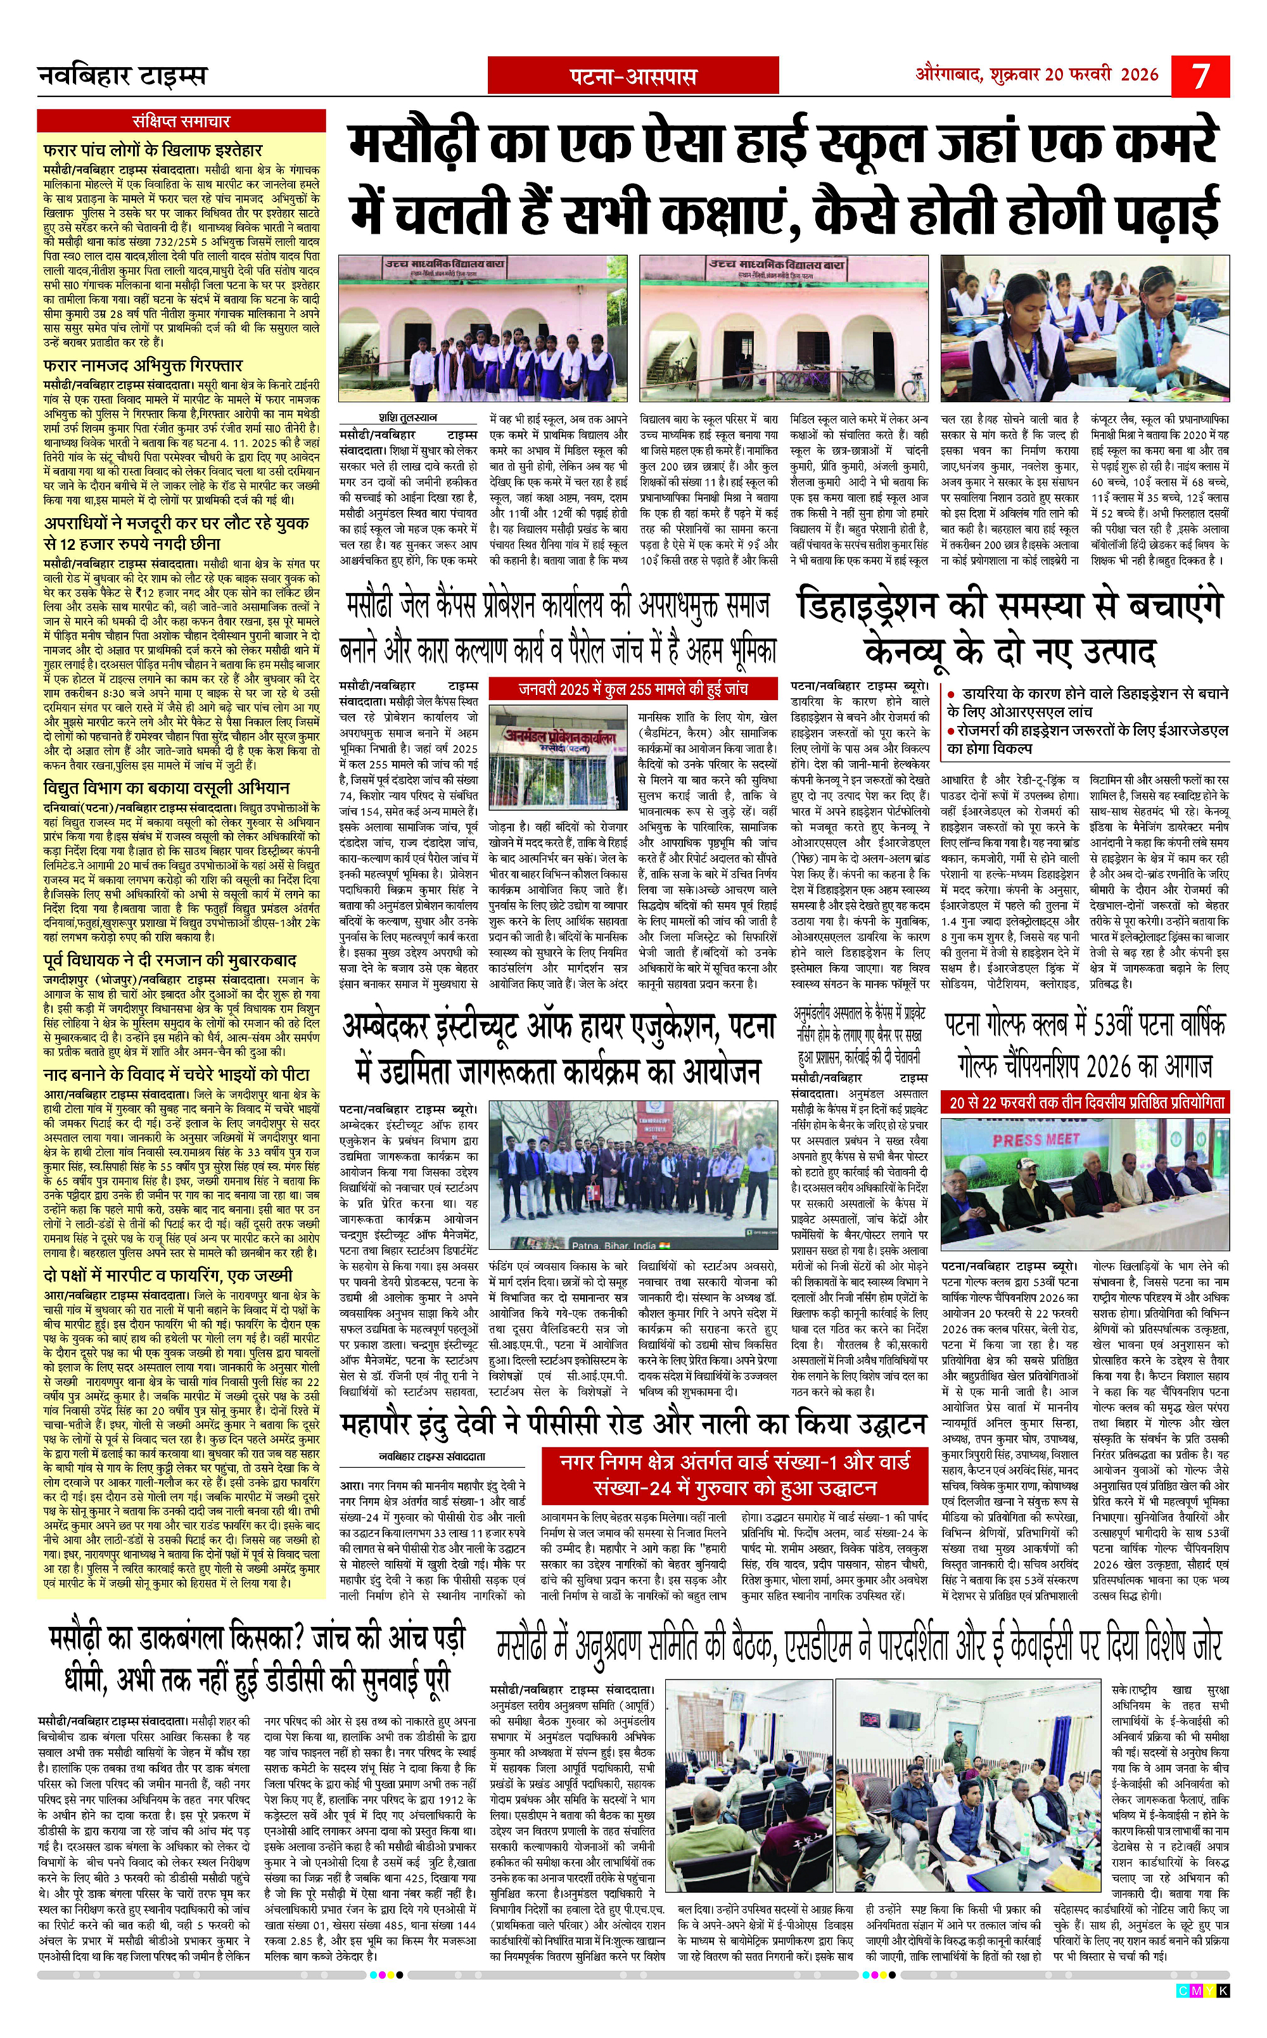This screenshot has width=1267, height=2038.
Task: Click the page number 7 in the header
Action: (x=1201, y=76)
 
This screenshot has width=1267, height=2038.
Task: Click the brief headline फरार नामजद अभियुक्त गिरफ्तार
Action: (x=143, y=366)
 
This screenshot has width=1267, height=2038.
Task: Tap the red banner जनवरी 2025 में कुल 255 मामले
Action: (x=633, y=689)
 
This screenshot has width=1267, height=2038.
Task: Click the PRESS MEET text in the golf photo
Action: (x=1036, y=1140)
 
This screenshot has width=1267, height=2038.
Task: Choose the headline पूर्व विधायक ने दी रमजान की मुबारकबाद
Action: (x=169, y=960)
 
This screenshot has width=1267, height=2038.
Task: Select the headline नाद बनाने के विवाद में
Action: (x=176, y=1074)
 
